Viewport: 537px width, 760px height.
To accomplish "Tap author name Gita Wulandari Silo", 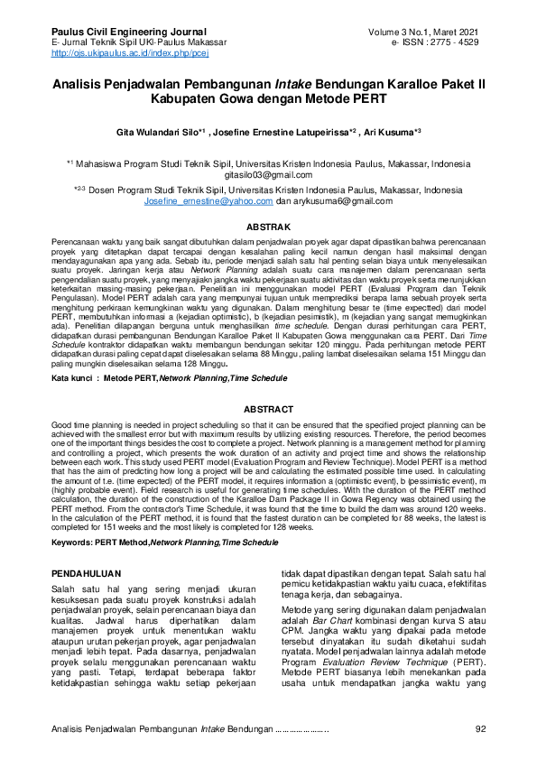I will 153,131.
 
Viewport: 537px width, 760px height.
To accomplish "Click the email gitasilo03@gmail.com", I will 267,174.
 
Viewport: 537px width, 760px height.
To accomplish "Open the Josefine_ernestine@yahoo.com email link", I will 208,201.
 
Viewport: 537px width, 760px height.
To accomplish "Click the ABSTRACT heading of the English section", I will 268,409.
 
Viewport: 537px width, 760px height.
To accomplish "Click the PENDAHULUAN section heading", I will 88,573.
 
